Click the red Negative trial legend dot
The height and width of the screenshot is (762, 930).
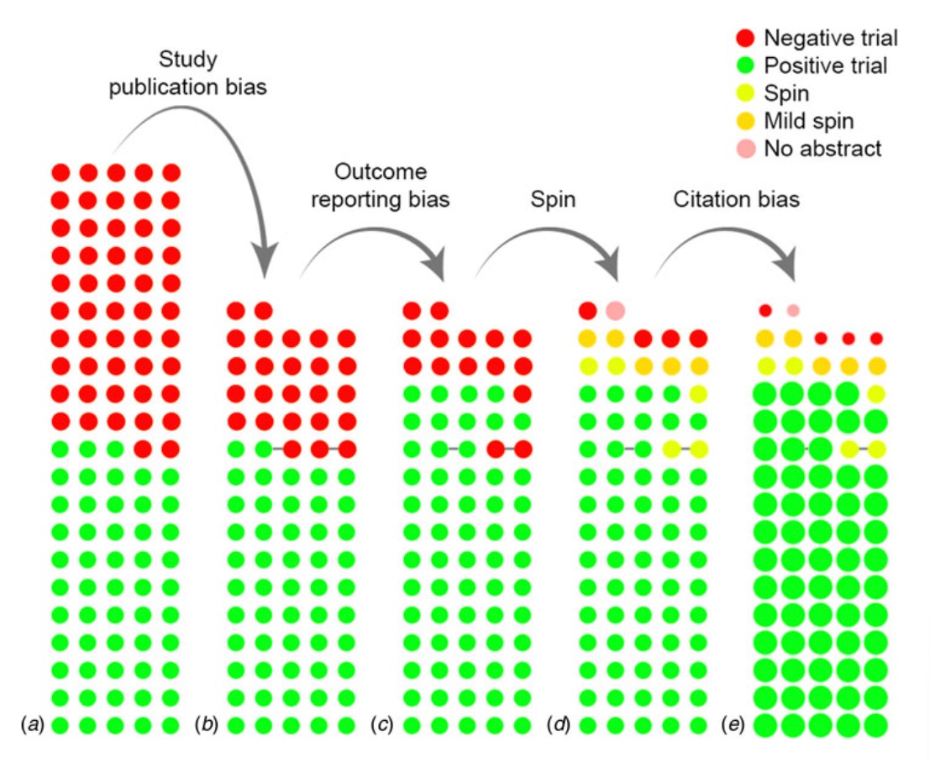click(745, 38)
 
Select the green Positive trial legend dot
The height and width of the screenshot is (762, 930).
click(745, 66)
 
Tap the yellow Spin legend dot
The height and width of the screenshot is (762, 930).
click(745, 93)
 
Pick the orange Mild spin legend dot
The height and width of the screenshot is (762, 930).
click(745, 121)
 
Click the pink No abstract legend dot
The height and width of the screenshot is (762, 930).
click(745, 149)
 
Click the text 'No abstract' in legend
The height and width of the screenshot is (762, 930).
click(822, 149)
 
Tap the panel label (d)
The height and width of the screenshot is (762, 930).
click(560, 723)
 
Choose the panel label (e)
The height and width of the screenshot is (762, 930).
click(735, 723)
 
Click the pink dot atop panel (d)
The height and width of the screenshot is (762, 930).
click(615, 311)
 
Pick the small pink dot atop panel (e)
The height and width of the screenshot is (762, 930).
click(793, 311)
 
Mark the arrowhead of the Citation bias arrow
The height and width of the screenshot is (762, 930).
click(791, 269)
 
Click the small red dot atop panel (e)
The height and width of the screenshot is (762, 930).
click(765, 311)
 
